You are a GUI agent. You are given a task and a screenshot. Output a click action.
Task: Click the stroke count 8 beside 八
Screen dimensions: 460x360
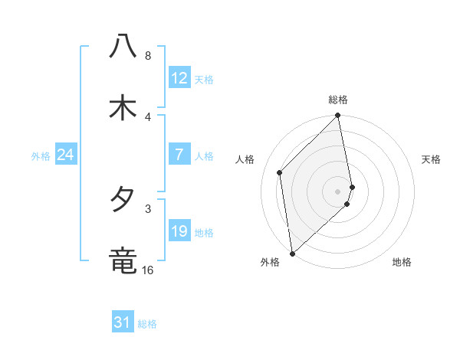point(148,56)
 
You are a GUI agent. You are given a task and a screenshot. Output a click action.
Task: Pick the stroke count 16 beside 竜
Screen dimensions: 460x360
point(148,270)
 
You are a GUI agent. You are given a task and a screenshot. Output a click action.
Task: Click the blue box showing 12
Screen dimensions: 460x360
point(179,79)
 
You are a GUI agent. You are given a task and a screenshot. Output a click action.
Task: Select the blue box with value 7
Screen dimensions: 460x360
point(179,155)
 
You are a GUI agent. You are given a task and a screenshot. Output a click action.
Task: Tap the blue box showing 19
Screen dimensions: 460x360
point(179,231)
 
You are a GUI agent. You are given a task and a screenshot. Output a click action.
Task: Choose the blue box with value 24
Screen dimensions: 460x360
point(65,155)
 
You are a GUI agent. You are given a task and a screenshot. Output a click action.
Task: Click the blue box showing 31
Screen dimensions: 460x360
point(123,322)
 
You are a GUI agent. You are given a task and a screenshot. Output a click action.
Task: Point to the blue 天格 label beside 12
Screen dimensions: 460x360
point(203,80)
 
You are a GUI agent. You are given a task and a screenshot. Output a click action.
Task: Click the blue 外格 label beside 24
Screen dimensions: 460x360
point(41,155)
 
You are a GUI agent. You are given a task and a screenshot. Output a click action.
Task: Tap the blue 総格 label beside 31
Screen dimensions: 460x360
point(147,323)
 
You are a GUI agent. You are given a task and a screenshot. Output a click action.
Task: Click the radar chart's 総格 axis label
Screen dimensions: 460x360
point(338,100)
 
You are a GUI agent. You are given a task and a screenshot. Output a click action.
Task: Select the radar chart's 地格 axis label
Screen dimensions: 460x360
point(402,262)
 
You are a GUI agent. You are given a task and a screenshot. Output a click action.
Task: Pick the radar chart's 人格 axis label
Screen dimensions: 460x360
point(245,159)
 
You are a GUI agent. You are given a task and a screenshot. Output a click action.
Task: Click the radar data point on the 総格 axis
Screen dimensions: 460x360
point(338,116)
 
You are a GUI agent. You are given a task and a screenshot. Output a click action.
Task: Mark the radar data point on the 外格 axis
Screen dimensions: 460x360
point(292,253)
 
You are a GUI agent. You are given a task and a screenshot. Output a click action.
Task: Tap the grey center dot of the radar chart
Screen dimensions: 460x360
point(338,191)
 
